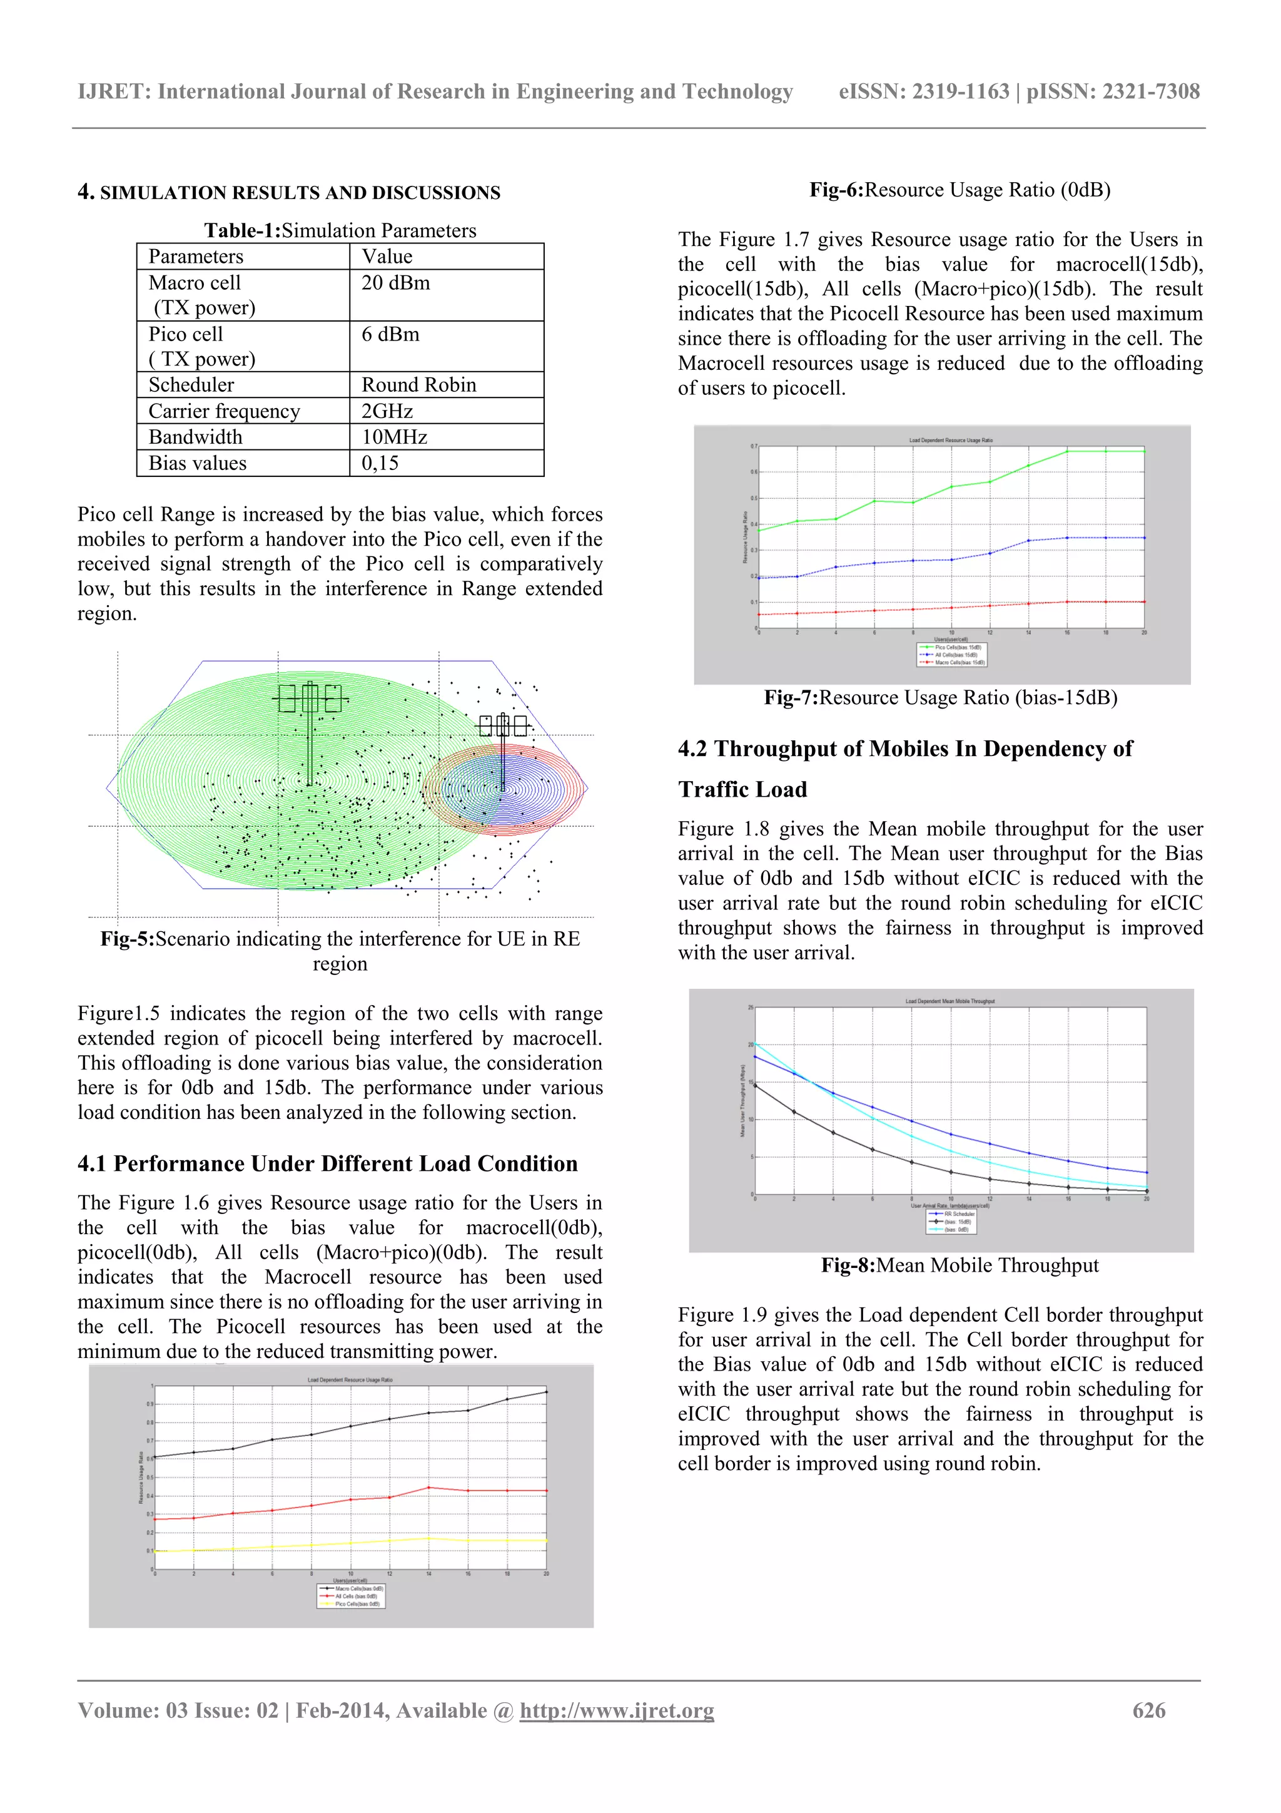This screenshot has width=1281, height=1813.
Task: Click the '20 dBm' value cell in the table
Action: pyautogui.click(x=395, y=283)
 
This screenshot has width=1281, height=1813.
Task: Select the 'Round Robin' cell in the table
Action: pyautogui.click(x=418, y=384)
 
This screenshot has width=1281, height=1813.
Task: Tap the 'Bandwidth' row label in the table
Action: pyautogui.click(x=195, y=437)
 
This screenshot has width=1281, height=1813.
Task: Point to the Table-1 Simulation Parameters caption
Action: pyautogui.click(x=340, y=230)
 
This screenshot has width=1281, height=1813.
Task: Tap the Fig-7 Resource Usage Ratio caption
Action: pyautogui.click(x=940, y=697)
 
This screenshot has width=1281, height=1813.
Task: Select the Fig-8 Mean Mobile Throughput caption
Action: pyautogui.click(x=959, y=1265)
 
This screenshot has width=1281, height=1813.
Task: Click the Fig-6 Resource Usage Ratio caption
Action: pyautogui.click(x=959, y=190)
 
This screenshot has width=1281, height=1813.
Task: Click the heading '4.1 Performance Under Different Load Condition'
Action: pyautogui.click(x=328, y=1163)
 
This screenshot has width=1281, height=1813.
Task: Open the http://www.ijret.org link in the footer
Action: pyautogui.click(x=617, y=1710)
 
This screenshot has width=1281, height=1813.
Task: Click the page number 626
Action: pyautogui.click(x=1148, y=1710)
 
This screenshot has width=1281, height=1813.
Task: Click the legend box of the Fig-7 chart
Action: pyautogui.click(x=951, y=655)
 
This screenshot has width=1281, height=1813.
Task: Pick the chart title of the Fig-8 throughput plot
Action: pyautogui.click(x=949, y=1001)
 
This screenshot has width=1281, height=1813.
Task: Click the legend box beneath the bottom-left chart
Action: pyautogui.click(x=350, y=1596)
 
